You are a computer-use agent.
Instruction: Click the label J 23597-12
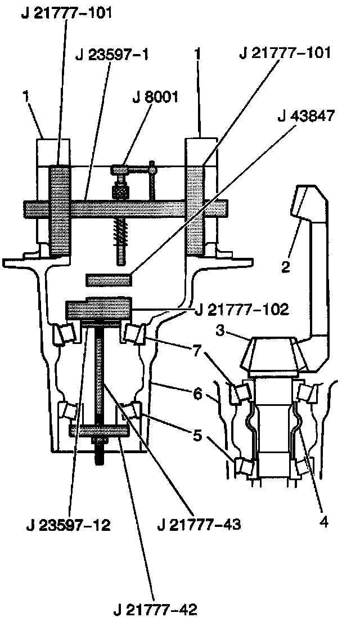pyautogui.click(x=68, y=526)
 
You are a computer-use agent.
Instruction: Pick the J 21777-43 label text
pyautogui.click(x=200, y=526)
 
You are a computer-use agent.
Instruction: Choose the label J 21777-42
pyautogui.click(x=155, y=609)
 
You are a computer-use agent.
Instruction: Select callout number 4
pyautogui.click(x=323, y=522)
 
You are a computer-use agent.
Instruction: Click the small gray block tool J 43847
pyautogui.click(x=108, y=278)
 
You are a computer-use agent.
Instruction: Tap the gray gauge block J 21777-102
pyautogui.click(x=99, y=308)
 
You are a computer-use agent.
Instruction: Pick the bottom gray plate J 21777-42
pyautogui.click(x=99, y=431)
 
